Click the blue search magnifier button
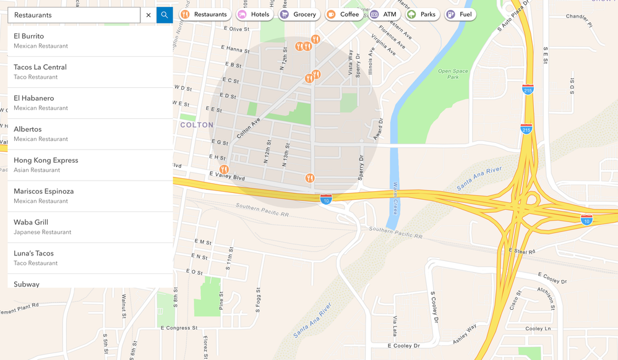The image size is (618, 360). [165, 15]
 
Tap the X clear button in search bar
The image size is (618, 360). [148, 15]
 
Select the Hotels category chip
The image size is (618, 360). [255, 14]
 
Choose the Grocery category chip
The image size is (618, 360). [298, 14]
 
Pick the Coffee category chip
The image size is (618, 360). [343, 14]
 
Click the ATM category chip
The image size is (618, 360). [384, 14]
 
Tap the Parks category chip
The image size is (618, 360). [422, 14]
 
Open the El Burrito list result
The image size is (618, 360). [90, 41]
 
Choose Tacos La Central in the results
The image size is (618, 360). [90, 72]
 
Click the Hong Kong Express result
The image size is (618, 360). [90, 165]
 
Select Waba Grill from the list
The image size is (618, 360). [90, 226]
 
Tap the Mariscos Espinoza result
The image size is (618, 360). [90, 195]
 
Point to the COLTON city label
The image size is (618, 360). [197, 125]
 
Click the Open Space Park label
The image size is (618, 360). [453, 74]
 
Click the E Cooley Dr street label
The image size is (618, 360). [403, 346]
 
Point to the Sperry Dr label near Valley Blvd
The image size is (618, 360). [361, 166]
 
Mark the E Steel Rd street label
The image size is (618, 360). [522, 251]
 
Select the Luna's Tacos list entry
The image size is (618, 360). [90, 257]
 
